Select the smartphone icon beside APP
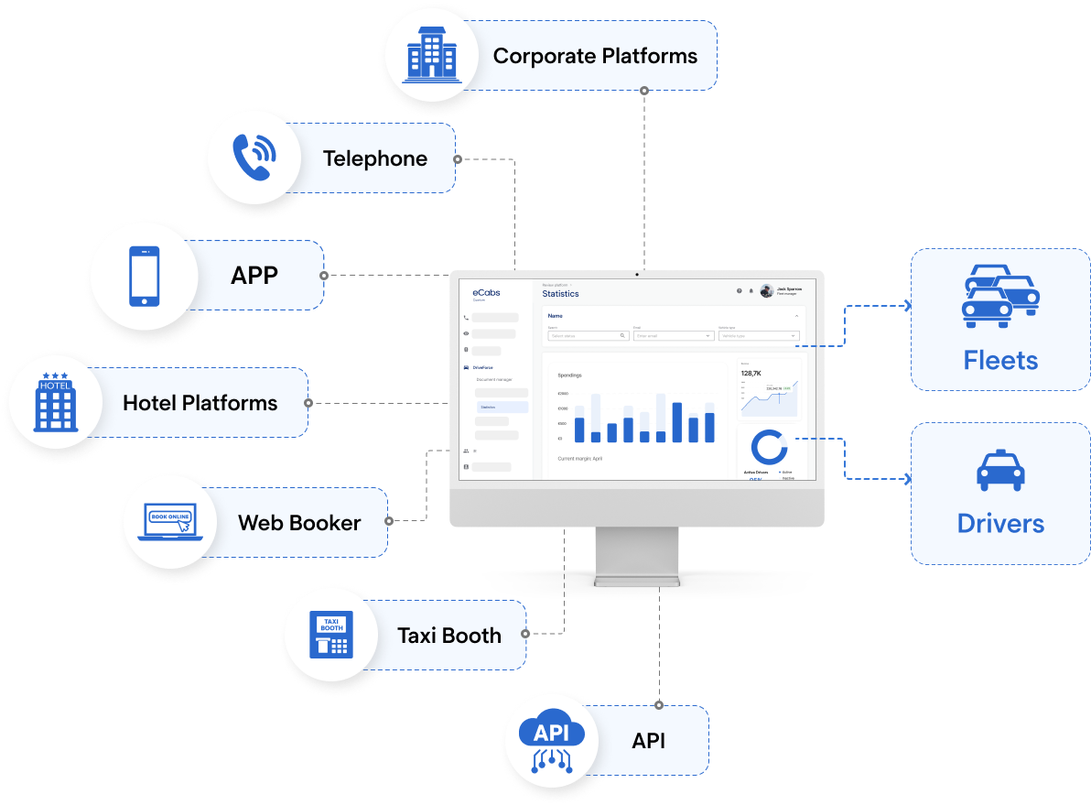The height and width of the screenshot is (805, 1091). [x=144, y=276]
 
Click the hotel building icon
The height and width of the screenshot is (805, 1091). [x=55, y=402]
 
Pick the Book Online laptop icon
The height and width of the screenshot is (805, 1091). [x=170, y=523]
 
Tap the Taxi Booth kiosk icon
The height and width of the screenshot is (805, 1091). [x=331, y=635]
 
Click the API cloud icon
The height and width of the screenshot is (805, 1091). [x=551, y=741]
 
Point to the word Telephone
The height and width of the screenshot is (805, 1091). [x=375, y=158]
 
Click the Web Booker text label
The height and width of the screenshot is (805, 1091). [x=299, y=523]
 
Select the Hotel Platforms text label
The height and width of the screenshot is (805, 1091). [x=200, y=403]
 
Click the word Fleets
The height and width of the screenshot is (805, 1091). [x=1000, y=360]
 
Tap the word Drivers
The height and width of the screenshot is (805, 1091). [x=1000, y=523]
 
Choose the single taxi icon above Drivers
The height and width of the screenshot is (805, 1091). [x=1000, y=470]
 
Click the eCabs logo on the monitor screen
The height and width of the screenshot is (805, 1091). [x=486, y=292]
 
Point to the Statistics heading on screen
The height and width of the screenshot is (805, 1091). [x=560, y=294]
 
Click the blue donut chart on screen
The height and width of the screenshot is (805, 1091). [x=768, y=447]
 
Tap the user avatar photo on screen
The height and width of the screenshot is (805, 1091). [x=766, y=290]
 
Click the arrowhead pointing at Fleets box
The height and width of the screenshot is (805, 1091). [x=907, y=306]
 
